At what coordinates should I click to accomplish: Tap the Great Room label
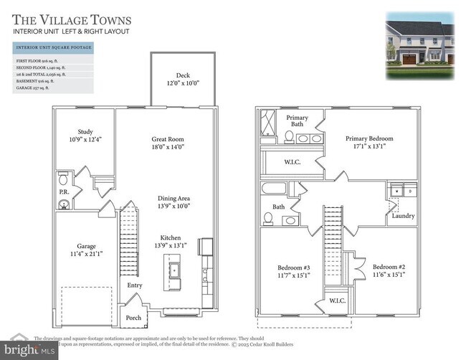[x=168, y=139]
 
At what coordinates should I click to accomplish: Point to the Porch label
[x=133, y=317]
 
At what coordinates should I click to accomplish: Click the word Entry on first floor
[x=135, y=285]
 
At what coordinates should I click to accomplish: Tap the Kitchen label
[x=171, y=238]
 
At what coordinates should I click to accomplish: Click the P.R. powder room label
[x=63, y=192]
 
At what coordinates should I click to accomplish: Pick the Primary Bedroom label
[x=369, y=139]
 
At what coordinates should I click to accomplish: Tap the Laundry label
[x=403, y=215]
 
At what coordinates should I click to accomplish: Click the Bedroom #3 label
[x=294, y=270]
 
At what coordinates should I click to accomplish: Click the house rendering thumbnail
[x=419, y=44]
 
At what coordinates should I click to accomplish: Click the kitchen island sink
[x=173, y=270]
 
